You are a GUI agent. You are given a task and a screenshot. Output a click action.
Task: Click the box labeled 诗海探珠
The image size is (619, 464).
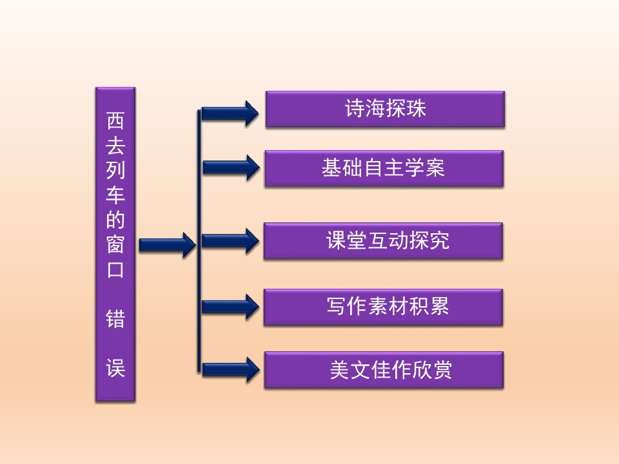385,110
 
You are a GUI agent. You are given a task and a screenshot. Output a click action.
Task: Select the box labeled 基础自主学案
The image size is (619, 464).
384,168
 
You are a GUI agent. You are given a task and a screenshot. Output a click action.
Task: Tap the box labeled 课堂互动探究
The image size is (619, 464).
383,240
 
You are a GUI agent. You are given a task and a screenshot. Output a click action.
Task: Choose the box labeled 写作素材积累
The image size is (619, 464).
383,307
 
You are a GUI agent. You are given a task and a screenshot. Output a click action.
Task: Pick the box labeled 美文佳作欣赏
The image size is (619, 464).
384,370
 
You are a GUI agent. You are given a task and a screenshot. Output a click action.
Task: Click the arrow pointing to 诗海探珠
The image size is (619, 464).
230,113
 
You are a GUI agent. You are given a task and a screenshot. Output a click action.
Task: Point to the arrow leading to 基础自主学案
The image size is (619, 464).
231,168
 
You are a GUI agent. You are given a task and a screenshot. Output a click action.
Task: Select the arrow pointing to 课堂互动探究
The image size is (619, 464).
230,240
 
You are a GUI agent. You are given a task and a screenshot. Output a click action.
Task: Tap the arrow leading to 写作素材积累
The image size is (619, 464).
230,307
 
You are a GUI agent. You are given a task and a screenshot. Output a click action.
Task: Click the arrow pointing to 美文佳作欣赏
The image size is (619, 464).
231,370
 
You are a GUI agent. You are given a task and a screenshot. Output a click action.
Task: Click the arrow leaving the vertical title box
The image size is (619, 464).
168,245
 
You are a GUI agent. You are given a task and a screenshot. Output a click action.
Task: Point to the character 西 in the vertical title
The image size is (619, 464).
115,121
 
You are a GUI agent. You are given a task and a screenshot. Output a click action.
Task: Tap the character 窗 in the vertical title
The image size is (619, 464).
115,245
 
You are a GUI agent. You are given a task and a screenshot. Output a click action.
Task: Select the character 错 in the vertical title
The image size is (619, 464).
115,319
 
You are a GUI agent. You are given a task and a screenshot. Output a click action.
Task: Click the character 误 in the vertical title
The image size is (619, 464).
115,368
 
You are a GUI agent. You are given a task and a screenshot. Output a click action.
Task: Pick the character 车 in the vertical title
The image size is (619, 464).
115,195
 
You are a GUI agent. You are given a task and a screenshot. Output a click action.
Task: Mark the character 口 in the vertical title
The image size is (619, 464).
115,269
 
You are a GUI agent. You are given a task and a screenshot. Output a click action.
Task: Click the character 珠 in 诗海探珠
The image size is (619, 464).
416,108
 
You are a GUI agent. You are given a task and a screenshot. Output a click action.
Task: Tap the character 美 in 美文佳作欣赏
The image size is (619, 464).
340,370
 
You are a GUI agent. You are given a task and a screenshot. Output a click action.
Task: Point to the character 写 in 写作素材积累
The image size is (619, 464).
337,306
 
